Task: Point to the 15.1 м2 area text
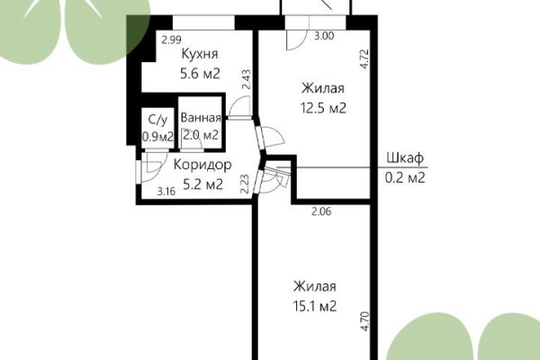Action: point(314,306)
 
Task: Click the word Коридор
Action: point(202,166)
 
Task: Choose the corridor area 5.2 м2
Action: point(202,185)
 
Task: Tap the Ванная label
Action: point(200,118)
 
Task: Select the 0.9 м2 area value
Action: point(157,137)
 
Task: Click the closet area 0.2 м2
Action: point(404,177)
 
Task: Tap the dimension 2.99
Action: point(171,40)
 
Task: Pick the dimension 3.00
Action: point(323,37)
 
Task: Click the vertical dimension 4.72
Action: point(364,59)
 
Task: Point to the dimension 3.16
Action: point(166,192)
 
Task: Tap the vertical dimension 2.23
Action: point(245,184)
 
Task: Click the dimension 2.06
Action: point(321,211)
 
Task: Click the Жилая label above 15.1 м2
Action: point(314,286)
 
